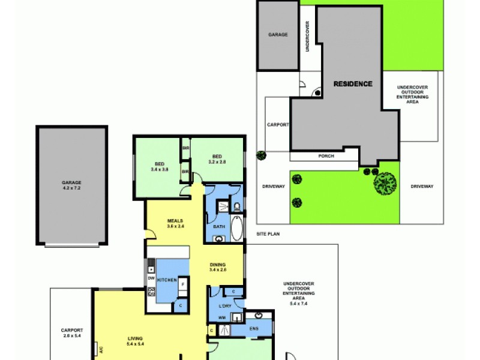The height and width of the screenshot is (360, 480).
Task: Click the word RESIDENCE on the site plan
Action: pyautogui.click(x=353, y=84)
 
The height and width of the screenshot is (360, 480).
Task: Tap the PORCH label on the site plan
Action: pyautogui.click(x=326, y=156)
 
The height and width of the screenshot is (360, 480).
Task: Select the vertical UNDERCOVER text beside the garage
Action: pyautogui.click(x=307, y=37)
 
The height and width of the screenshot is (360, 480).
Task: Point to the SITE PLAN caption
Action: pyautogui.click(x=268, y=233)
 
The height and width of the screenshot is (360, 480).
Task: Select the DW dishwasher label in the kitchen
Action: pyautogui.click(x=151, y=279)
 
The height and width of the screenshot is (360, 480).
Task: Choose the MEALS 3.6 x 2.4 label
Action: pyautogui.click(x=175, y=224)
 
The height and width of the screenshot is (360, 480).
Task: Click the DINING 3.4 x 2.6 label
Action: pyautogui.click(x=218, y=268)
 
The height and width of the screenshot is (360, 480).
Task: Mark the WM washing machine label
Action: pyautogui.click(x=221, y=317)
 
